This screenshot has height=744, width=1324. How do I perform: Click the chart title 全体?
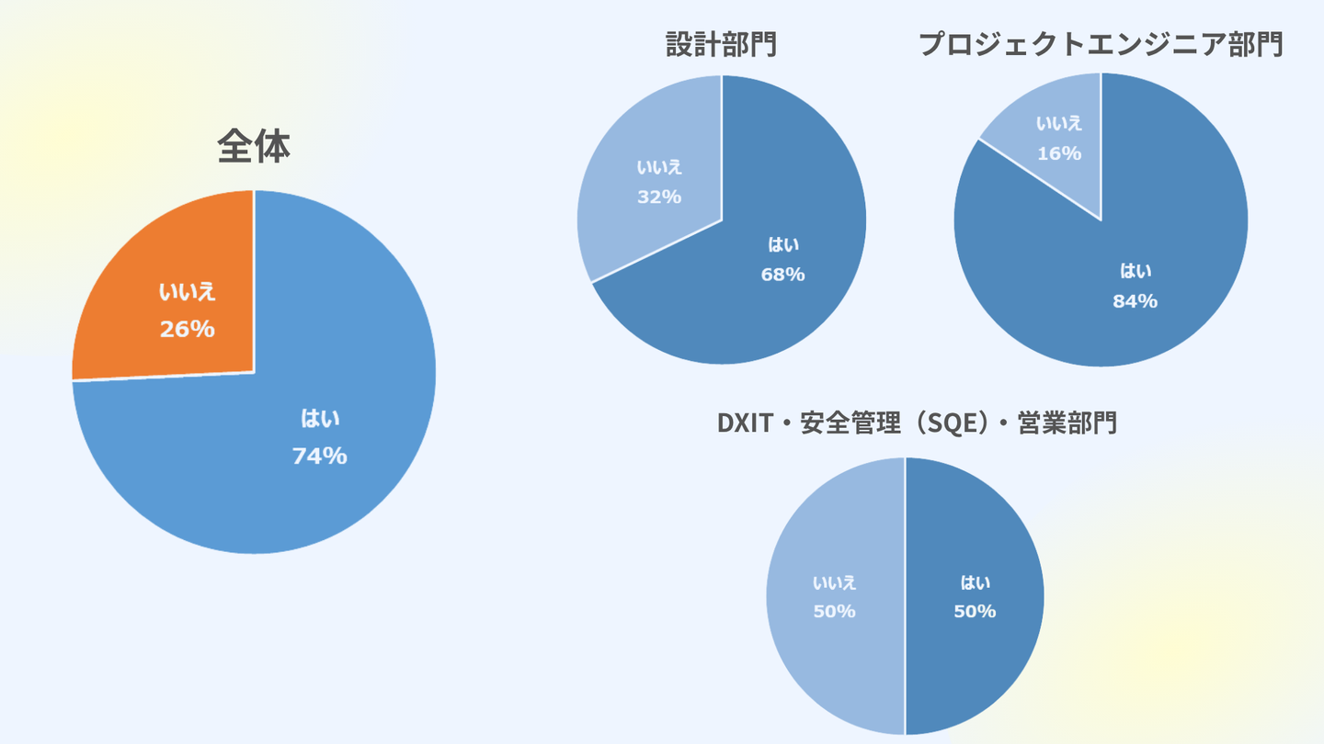254,147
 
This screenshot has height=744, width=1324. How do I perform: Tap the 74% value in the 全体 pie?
319,456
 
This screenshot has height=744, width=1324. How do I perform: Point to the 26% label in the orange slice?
188,329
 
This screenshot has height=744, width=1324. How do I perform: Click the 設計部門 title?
722,44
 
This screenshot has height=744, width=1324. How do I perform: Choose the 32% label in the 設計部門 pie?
659,197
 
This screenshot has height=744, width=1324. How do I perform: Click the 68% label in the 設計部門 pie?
782,274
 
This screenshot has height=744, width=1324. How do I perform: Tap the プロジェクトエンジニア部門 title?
1101,44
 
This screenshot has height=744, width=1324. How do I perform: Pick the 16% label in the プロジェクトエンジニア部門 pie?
1059,153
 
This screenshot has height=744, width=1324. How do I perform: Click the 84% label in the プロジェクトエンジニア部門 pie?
1135,300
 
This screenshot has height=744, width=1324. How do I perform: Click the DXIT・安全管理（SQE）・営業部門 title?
917,423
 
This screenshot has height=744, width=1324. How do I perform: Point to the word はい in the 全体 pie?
320,419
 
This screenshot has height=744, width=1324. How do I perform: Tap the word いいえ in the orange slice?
188,293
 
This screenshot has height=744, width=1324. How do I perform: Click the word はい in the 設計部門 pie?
783,244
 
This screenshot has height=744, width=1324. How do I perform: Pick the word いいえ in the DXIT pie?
835,582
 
